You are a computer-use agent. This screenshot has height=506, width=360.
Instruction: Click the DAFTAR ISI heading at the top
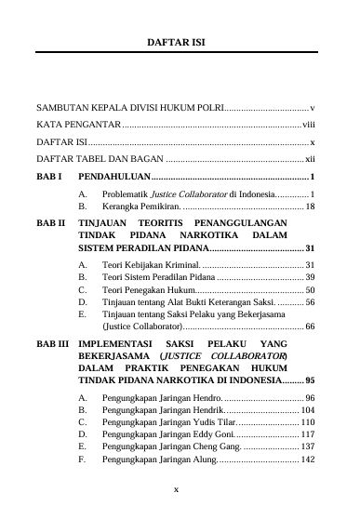click(x=180, y=42)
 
